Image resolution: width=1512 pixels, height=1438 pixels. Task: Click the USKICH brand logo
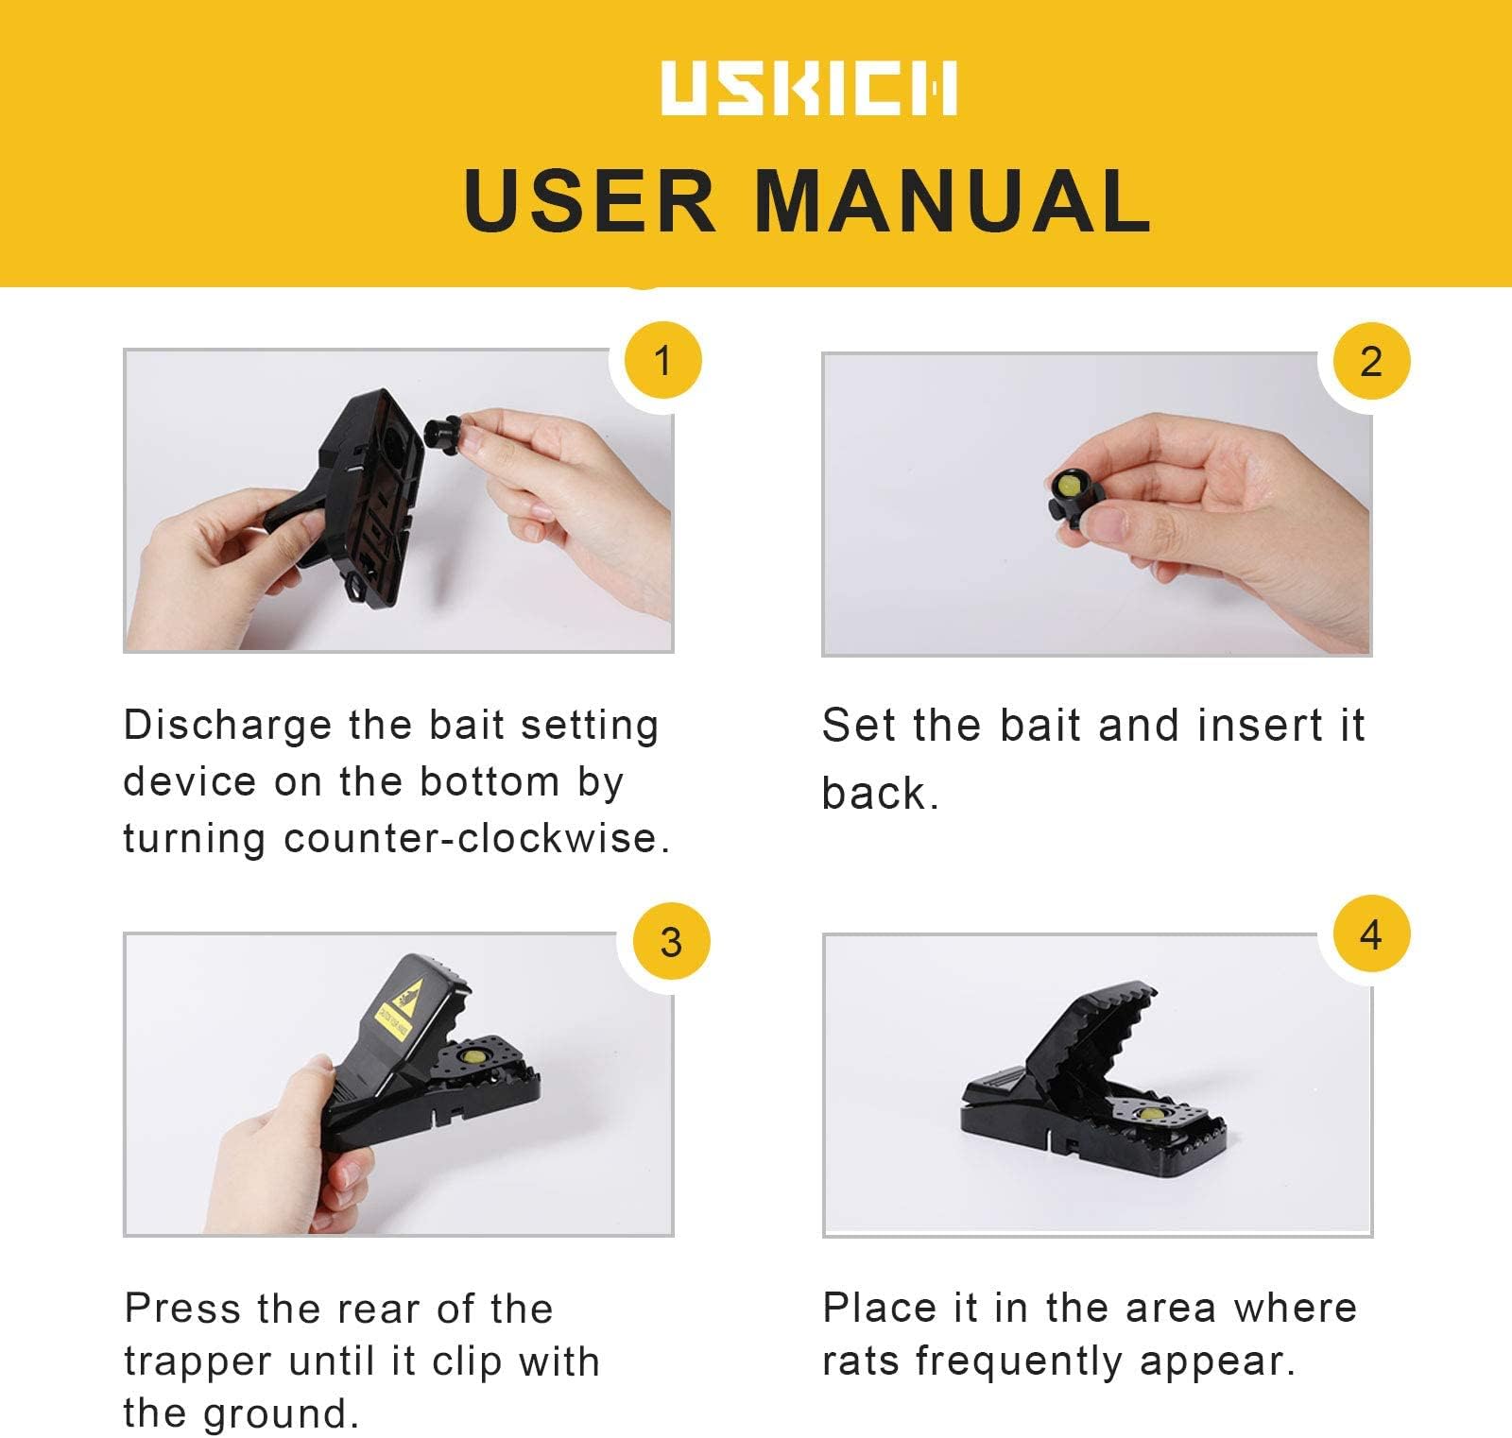pyautogui.click(x=809, y=88)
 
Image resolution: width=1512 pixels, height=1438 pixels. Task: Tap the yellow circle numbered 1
pyautogui.click(x=662, y=361)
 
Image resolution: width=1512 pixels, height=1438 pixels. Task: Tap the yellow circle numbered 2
pyautogui.click(x=1370, y=362)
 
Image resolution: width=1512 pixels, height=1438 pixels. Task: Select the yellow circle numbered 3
pyautogui.click(x=670, y=942)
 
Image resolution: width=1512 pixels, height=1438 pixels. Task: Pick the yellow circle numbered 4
pyautogui.click(x=1370, y=934)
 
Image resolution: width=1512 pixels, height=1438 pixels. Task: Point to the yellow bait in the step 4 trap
pyautogui.click(x=1151, y=1115)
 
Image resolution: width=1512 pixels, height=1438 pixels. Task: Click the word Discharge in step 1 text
pyautogui.click(x=228, y=727)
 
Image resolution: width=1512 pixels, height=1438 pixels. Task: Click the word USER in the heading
pyautogui.click(x=591, y=200)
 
